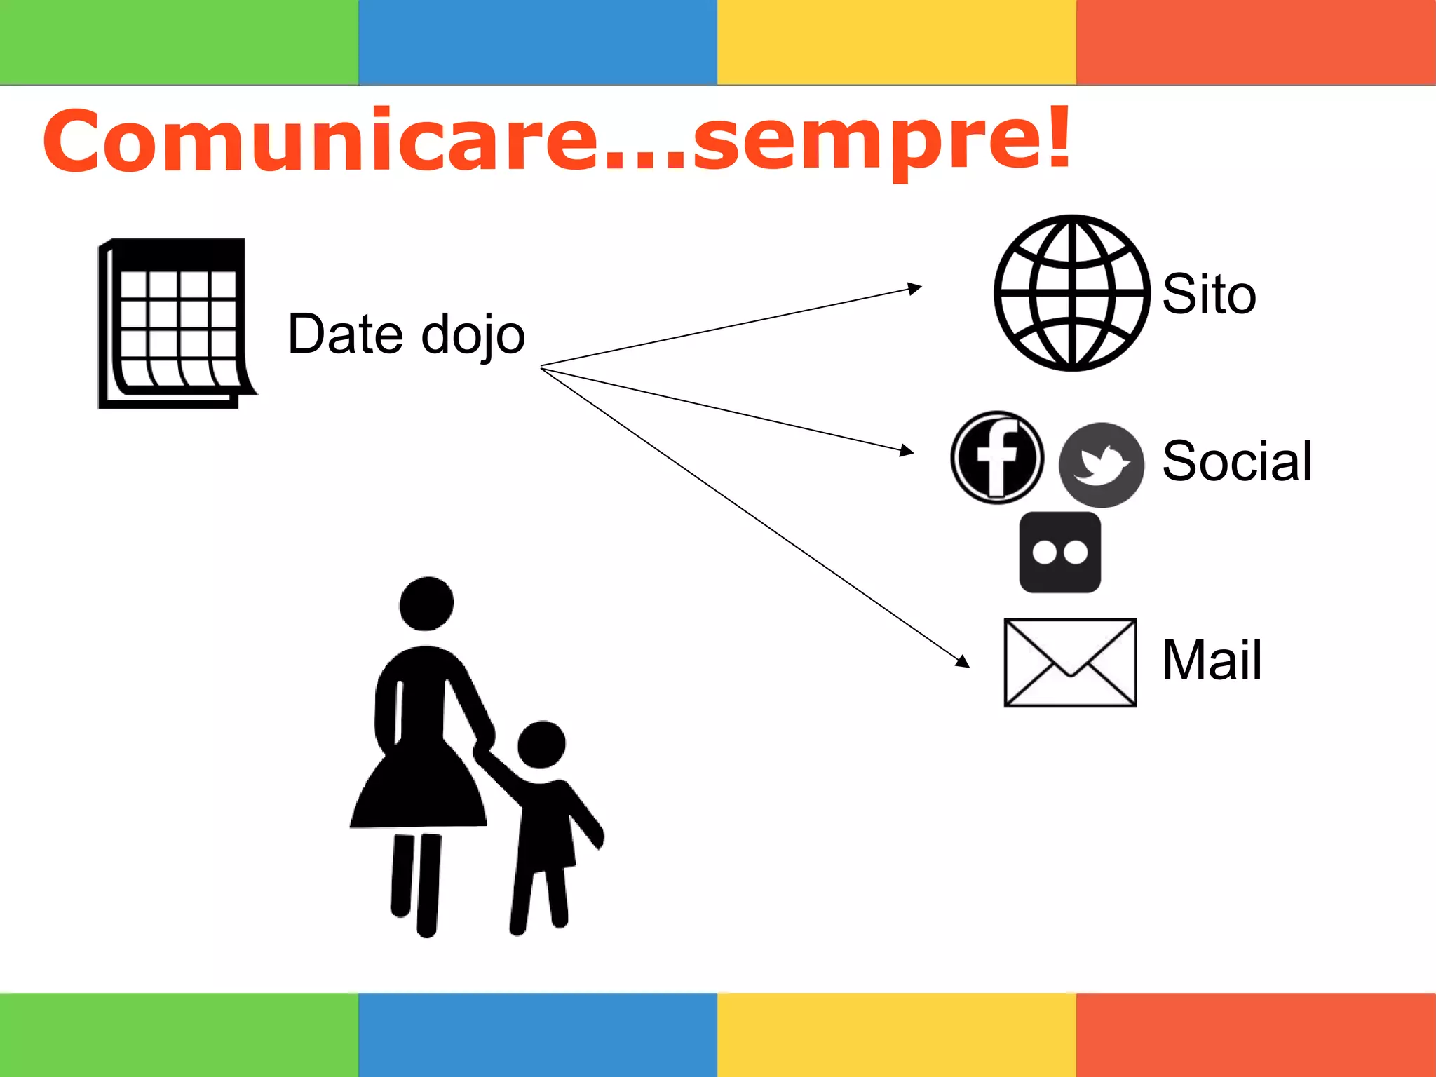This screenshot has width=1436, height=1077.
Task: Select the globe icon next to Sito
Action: (x=1071, y=293)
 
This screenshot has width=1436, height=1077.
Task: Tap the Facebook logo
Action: (x=997, y=457)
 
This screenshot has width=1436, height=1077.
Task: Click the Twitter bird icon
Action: (x=1101, y=465)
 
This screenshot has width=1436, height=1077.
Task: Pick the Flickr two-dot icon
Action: (x=1059, y=553)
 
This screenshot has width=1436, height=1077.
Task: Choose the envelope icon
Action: (x=1070, y=663)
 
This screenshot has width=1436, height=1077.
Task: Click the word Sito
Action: (x=1209, y=294)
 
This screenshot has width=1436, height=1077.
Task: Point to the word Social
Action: (x=1237, y=461)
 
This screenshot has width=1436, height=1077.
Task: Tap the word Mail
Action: (x=1212, y=660)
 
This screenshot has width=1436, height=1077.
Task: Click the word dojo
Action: (x=473, y=335)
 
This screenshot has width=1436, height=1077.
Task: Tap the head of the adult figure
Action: (x=426, y=603)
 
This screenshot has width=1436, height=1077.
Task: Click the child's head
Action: (x=541, y=745)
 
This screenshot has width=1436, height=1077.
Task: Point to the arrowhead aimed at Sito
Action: (x=914, y=287)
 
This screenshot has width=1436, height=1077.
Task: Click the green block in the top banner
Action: (x=179, y=42)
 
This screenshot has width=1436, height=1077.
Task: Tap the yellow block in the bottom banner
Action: (x=896, y=1035)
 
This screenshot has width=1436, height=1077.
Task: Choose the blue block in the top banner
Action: (x=538, y=42)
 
